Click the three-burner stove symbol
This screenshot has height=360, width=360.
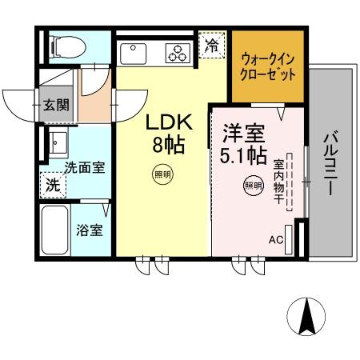pos(178,54)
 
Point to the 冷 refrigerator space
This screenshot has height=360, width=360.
pos(211,45)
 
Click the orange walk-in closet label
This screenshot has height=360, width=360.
pos(268,66)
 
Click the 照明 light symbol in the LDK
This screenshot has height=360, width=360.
pos(162,173)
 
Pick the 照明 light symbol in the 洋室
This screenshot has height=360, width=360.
pos(252,185)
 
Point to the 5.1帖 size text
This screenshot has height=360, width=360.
pos(238,152)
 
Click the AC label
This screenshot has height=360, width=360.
pos(276,239)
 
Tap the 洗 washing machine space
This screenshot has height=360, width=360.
pos(51,183)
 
